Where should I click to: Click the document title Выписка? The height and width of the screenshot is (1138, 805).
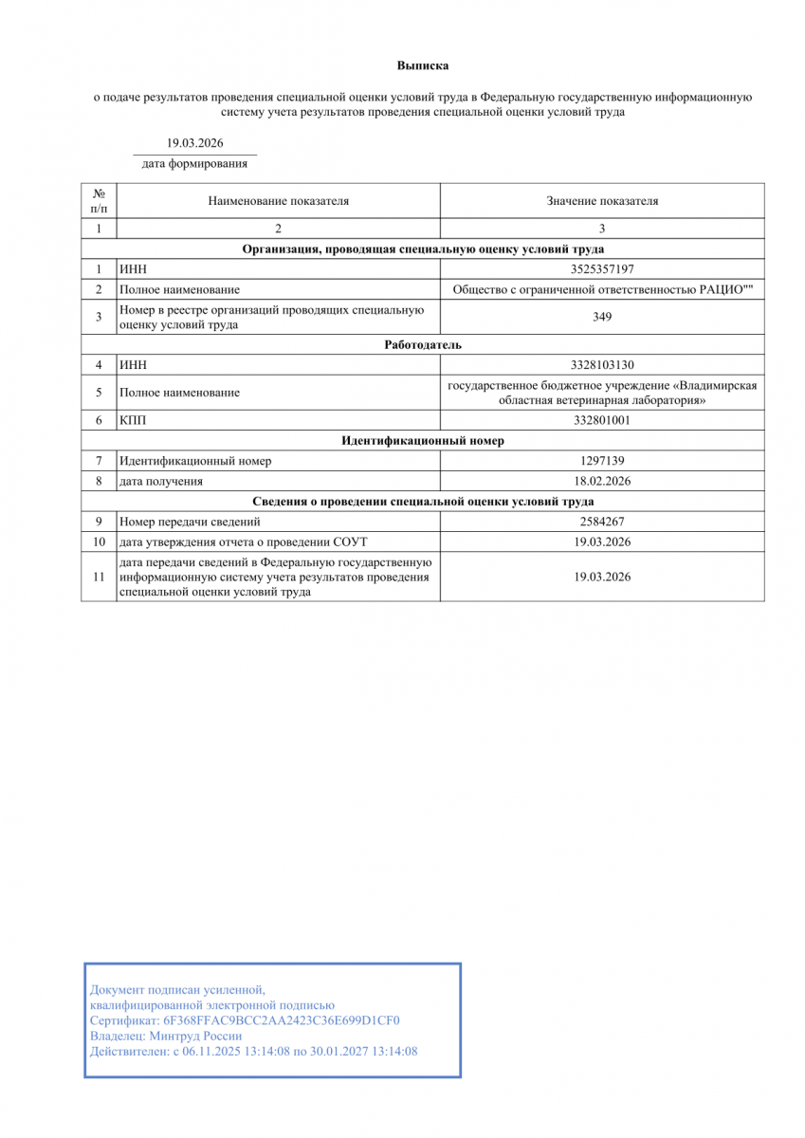click(422, 65)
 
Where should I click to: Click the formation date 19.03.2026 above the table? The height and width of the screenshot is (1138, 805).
click(194, 142)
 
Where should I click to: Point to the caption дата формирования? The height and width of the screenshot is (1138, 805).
click(194, 163)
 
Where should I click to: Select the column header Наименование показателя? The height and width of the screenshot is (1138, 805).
click(279, 201)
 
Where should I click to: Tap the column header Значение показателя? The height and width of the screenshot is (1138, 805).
click(602, 201)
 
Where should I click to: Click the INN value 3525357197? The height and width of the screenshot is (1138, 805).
click(602, 269)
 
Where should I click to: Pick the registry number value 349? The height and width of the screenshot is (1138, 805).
click(602, 317)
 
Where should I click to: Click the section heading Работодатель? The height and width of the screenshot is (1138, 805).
click(423, 344)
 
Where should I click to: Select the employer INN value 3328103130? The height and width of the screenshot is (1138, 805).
click(602, 364)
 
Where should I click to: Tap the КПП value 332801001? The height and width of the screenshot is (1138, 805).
click(602, 420)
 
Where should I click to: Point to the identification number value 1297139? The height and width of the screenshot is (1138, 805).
click(602, 461)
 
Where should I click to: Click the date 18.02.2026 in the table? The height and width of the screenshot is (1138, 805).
click(602, 481)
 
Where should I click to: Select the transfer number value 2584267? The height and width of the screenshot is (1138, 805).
click(602, 521)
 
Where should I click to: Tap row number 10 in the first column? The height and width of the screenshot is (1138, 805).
click(99, 541)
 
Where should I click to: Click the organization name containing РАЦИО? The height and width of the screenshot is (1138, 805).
click(602, 289)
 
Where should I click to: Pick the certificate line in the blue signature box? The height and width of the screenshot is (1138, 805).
click(245, 1020)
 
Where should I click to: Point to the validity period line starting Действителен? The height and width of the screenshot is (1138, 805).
click(253, 1051)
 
